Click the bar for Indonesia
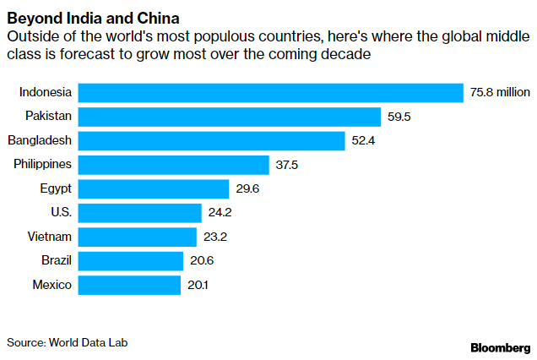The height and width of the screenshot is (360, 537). tap(270, 92)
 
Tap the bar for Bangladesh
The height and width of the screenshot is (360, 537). tap(211, 140)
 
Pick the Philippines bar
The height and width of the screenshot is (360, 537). tap(173, 165)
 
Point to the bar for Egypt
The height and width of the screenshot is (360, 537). tap(153, 188)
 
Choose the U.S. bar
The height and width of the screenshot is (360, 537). tap(139, 213)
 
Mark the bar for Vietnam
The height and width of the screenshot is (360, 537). tap(137, 237)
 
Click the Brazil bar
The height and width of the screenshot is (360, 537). tap(130, 261)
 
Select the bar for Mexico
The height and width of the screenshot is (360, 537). tap(129, 285)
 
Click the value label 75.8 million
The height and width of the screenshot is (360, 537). tap(499, 92)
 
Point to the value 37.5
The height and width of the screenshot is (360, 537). tap(287, 165)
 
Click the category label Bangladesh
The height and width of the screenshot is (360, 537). tap(40, 140)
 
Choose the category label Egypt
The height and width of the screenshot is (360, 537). tap(56, 188)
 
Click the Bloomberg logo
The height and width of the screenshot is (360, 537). tap(500, 347)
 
